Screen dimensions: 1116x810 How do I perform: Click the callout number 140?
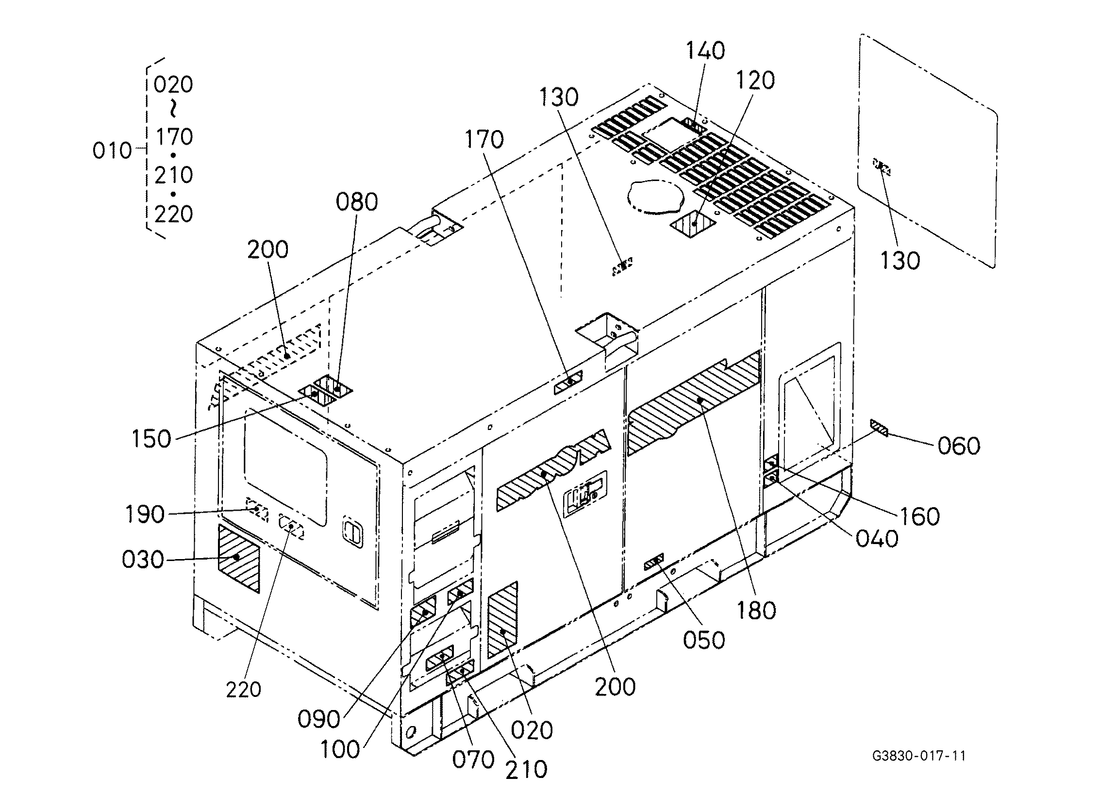706,50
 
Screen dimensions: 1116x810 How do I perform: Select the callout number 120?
755,80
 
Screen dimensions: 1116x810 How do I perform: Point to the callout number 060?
959,446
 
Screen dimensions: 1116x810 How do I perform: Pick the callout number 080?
357,202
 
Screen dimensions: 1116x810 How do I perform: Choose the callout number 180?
756,610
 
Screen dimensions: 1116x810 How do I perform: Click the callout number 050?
704,640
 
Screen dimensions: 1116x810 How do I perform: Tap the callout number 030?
143,560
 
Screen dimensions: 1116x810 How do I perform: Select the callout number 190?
145,514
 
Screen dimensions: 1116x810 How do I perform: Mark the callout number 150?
151,438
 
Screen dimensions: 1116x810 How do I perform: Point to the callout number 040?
877,539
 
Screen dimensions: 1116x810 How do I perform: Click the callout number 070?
473,760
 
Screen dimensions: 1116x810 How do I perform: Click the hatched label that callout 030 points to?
239,559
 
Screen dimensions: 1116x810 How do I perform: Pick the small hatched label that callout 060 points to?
878,428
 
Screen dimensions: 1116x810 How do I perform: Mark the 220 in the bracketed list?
173,215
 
